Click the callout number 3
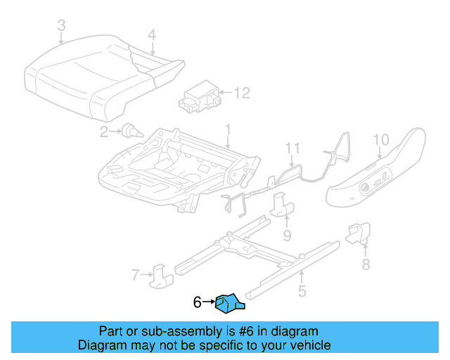tap(62, 26)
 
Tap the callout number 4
tap(152, 34)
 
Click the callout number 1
tap(228, 129)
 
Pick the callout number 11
tap(292, 148)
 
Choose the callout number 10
tap(380, 139)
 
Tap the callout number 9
tap(287, 234)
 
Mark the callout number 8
tap(365, 264)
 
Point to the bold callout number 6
tap(198, 302)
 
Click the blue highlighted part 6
tap(229, 303)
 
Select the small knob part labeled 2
tap(129, 130)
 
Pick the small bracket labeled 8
tap(358, 233)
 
